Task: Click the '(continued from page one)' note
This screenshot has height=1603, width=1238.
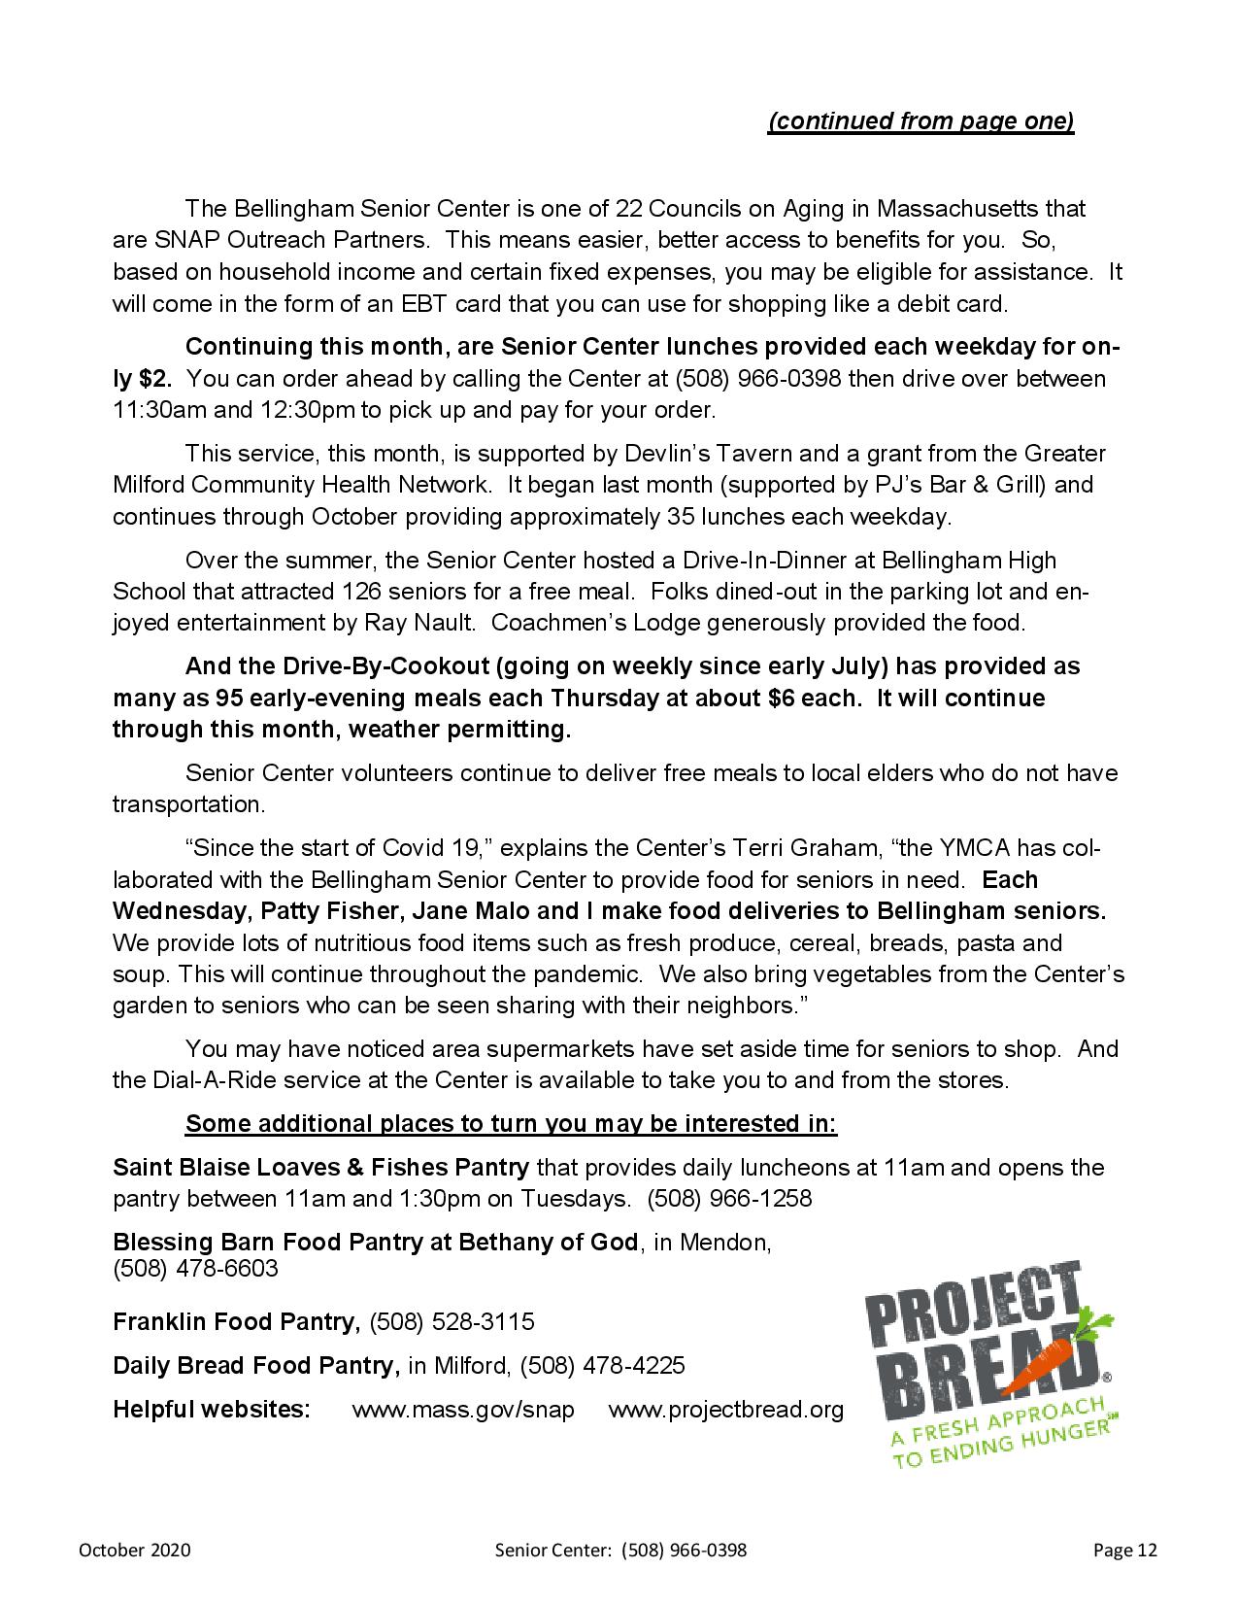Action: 920,121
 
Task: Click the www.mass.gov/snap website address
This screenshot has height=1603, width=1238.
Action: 463,1409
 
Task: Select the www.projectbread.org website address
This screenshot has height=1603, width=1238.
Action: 726,1409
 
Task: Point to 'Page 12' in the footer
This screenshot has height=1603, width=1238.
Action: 1124,1550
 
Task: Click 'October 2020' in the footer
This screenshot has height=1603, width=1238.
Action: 135,1550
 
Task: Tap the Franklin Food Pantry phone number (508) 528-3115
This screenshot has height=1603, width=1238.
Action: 452,1321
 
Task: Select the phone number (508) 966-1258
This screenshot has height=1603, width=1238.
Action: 729,1198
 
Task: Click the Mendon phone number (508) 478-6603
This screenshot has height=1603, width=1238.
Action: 195,1268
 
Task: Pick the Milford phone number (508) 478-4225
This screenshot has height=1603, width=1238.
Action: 602,1365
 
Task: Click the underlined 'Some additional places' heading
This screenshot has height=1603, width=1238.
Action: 511,1123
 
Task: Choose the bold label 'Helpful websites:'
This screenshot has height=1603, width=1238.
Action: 212,1409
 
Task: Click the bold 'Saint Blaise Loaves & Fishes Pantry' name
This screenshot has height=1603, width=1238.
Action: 321,1167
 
